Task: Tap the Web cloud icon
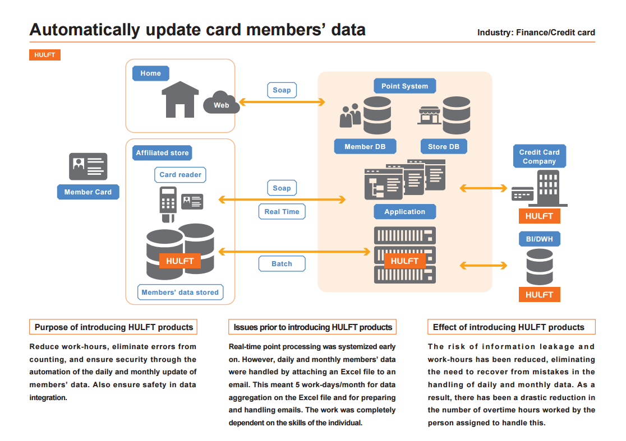click(x=222, y=104)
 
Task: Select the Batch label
click(x=282, y=263)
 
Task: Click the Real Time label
click(x=282, y=211)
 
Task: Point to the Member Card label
click(x=88, y=192)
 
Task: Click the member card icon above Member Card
click(x=88, y=166)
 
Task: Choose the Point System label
click(x=404, y=86)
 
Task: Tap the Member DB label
click(x=365, y=147)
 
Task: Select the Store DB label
click(x=443, y=147)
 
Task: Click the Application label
click(x=404, y=212)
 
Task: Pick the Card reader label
click(x=180, y=175)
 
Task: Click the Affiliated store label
click(x=163, y=152)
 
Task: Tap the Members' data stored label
click(x=179, y=292)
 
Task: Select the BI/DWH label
click(x=539, y=239)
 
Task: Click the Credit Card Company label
click(x=539, y=156)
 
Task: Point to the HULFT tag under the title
click(x=44, y=55)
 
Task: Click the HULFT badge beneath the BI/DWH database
click(x=539, y=294)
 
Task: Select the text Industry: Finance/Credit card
click(x=536, y=33)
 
